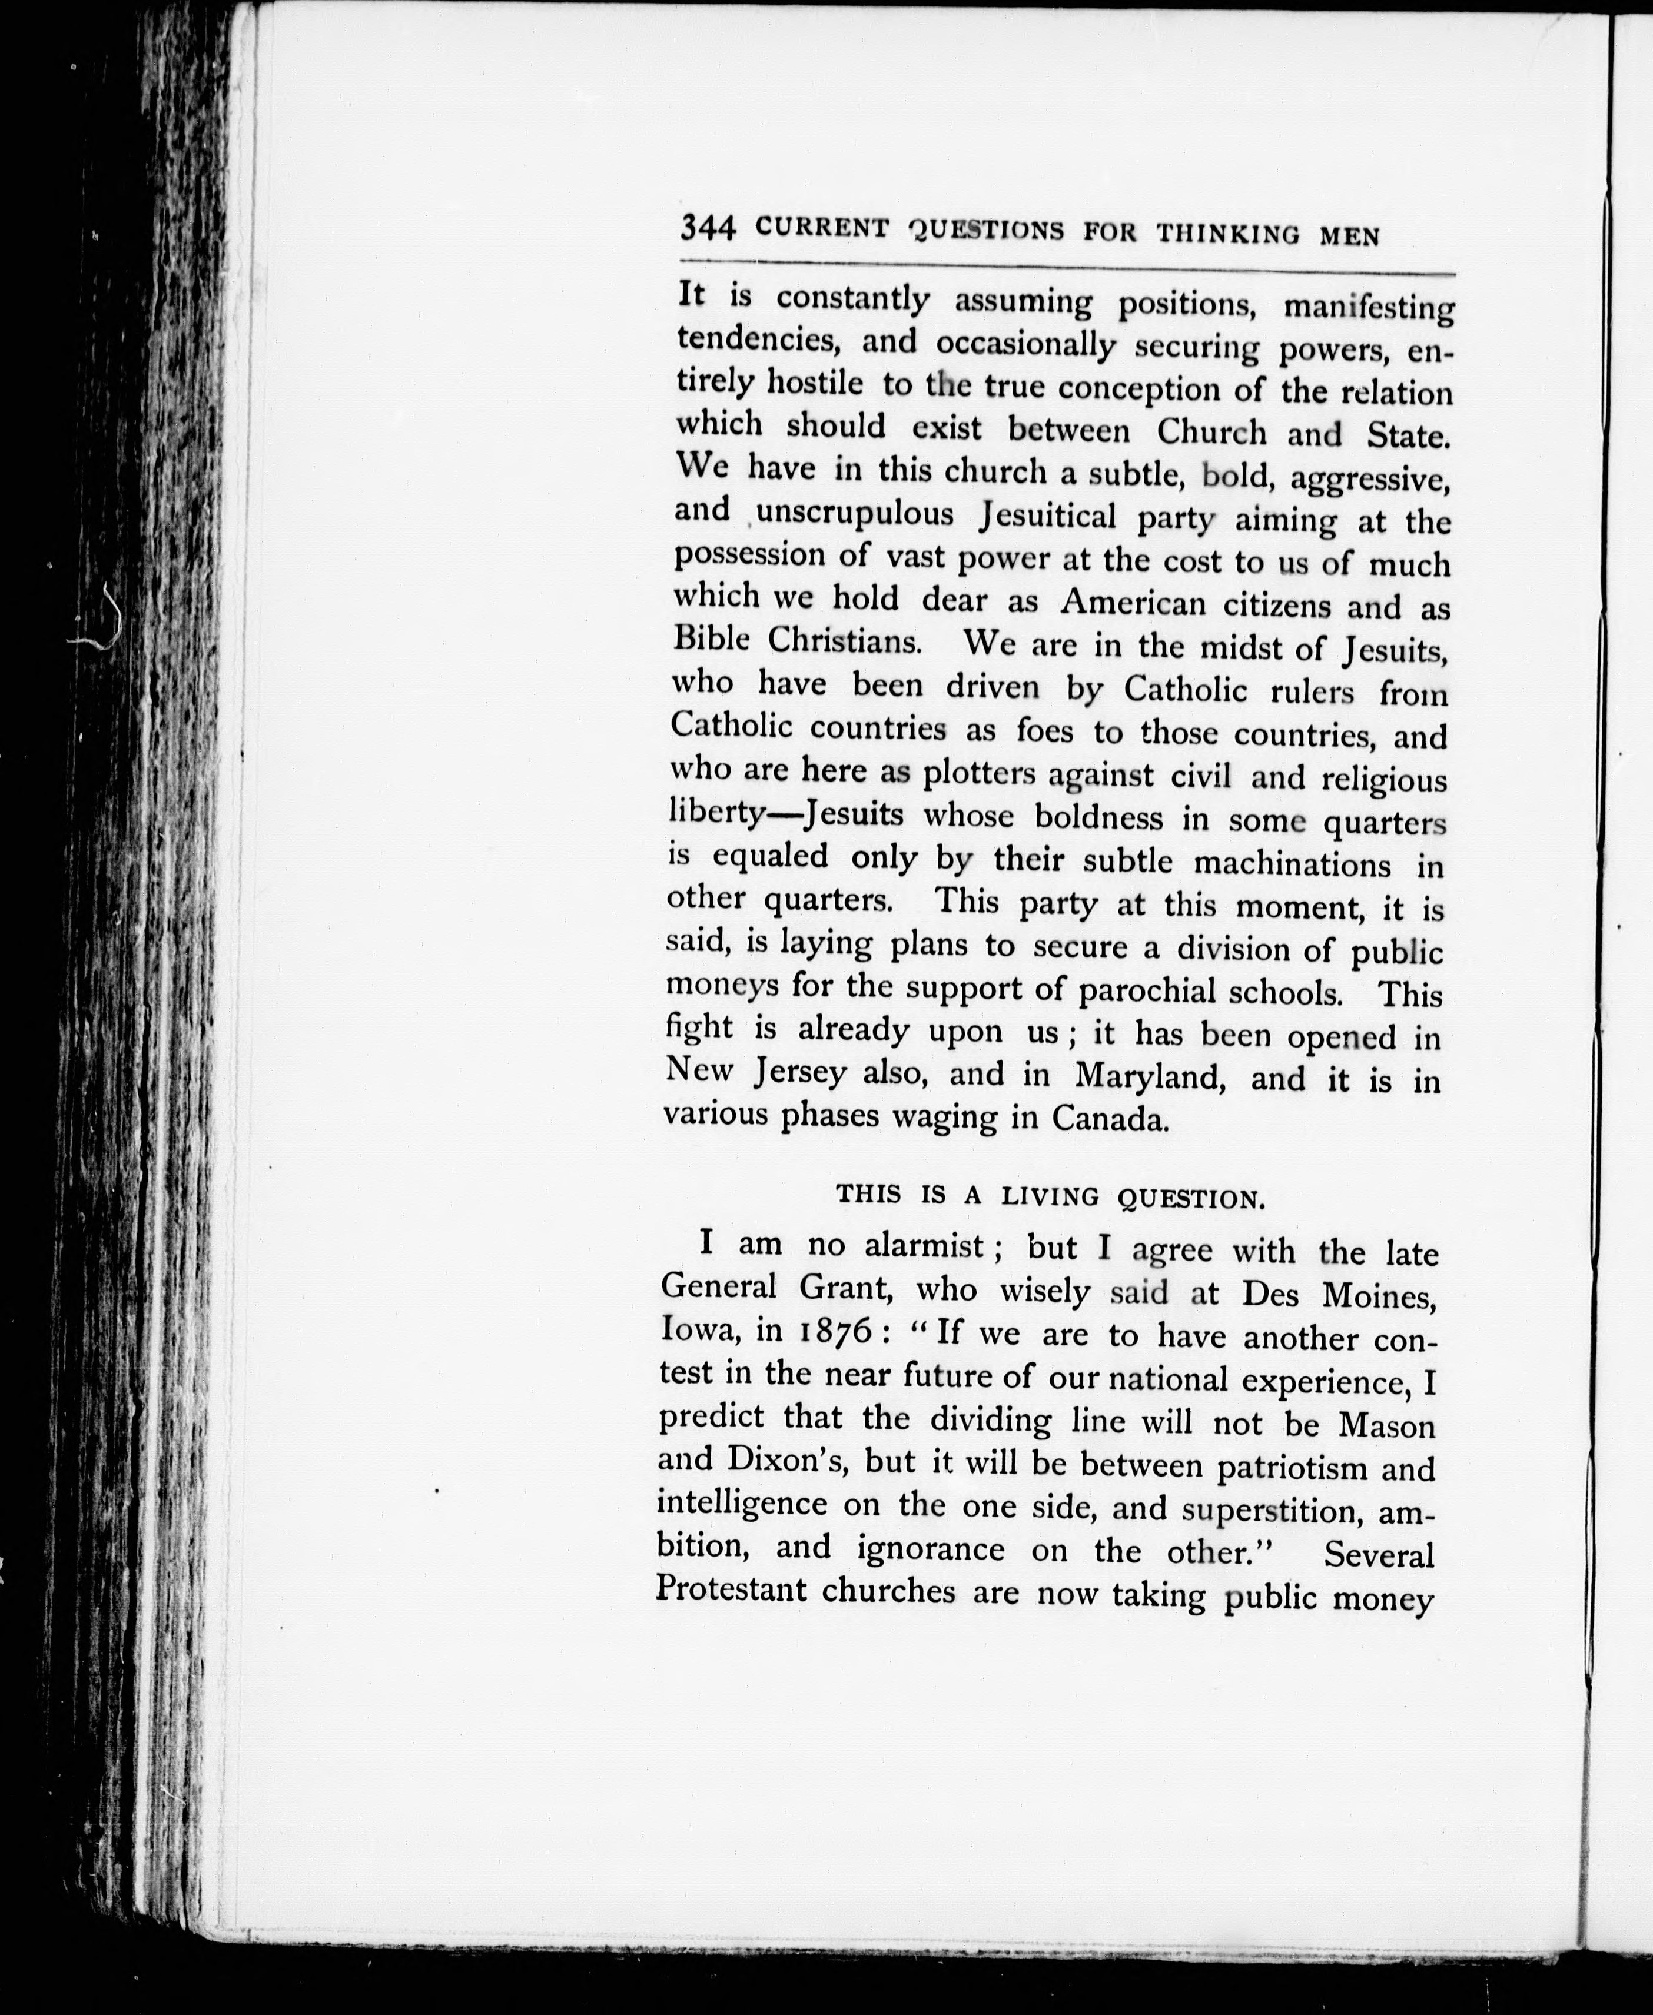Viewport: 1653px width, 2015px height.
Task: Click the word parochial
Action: (x=1146, y=991)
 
